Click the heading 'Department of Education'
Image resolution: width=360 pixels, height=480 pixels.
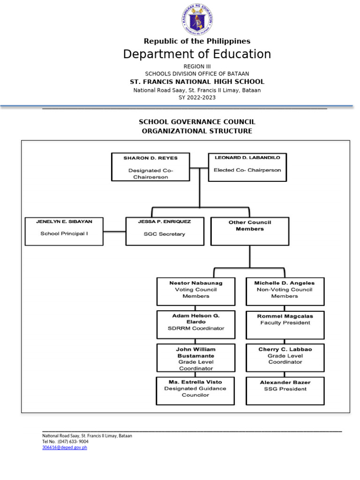point(197,54)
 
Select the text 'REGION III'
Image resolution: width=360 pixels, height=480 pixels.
point(197,67)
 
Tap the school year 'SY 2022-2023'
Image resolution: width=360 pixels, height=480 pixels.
point(197,97)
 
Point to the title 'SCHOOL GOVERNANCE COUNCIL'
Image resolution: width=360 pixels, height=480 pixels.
point(197,122)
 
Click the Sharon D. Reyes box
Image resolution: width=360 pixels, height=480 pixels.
point(150,167)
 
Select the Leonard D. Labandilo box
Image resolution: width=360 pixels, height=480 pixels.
point(247,167)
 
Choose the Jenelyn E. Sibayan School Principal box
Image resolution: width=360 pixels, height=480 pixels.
point(64,231)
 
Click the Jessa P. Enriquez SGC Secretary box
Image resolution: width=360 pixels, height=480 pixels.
point(165,231)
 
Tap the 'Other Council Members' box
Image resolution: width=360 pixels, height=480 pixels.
point(250,231)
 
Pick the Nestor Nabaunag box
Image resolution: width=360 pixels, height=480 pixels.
point(195,292)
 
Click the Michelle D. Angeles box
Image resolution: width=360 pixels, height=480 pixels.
point(285,292)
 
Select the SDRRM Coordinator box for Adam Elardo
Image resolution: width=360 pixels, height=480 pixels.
point(195,324)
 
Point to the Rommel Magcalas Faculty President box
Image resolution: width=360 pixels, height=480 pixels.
point(285,324)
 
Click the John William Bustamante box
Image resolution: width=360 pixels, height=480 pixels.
point(195,358)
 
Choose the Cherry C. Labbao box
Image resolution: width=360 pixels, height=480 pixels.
point(285,358)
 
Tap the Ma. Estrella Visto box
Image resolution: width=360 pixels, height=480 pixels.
point(195,390)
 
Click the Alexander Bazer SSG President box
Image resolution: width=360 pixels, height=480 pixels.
point(285,390)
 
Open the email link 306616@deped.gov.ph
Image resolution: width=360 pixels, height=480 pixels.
point(65,448)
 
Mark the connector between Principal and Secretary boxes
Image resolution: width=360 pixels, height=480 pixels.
point(114,232)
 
